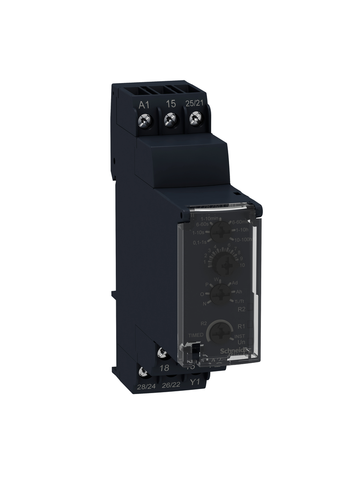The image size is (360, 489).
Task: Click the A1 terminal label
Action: [144, 104]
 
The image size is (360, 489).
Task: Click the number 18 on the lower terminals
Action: [163, 368]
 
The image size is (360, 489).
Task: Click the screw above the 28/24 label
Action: [143, 370]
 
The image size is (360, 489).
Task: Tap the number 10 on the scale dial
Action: [243, 266]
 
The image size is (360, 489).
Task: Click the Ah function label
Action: [239, 292]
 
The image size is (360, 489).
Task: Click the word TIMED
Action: [195, 335]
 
